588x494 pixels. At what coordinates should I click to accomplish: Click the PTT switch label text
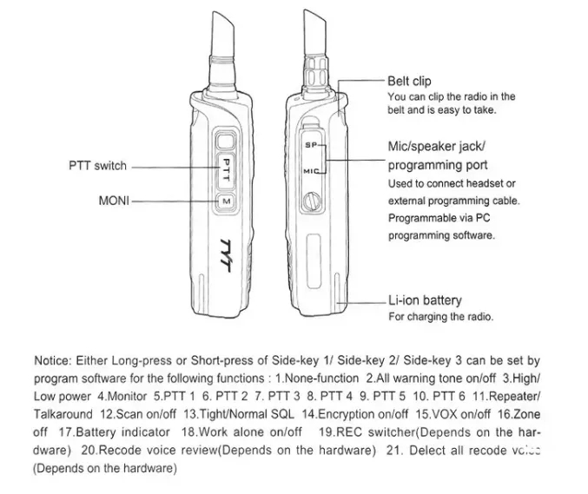click(x=97, y=166)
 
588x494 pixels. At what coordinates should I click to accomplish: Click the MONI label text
click(x=114, y=201)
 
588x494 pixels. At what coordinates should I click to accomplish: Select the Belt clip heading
click(x=409, y=82)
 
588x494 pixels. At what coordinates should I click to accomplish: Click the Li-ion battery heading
click(x=425, y=300)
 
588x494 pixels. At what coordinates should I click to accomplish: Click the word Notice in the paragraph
click(x=53, y=360)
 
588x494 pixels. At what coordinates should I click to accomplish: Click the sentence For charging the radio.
click(x=440, y=317)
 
